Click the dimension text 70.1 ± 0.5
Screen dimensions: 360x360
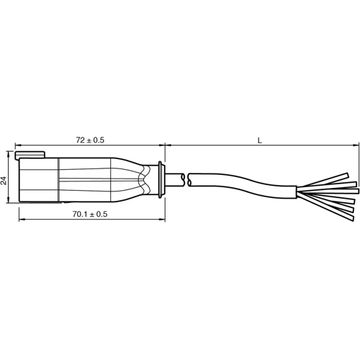[x=89, y=215]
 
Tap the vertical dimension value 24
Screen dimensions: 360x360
[x=4, y=180]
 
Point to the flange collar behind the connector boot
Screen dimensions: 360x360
[x=161, y=179]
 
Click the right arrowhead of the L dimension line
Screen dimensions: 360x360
[x=355, y=145]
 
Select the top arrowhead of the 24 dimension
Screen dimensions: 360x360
[x=9, y=153]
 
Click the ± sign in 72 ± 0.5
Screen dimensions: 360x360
[x=91, y=138]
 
